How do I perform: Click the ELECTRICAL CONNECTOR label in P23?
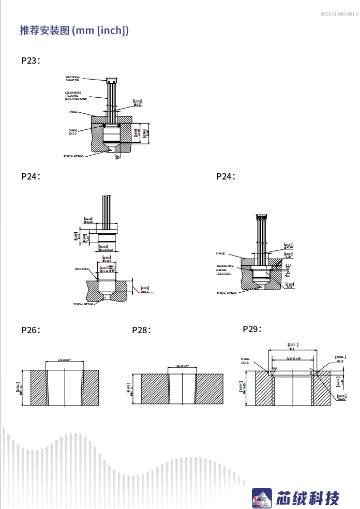click(x=73, y=79)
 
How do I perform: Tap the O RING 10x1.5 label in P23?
click(x=73, y=132)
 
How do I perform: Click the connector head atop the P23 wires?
click(x=112, y=80)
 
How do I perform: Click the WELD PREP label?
click(x=82, y=269)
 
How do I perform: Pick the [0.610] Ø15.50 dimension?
click(x=88, y=220)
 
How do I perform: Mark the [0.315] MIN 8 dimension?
click(x=144, y=290)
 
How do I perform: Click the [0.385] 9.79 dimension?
click(x=290, y=286)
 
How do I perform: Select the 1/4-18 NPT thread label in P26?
click(x=65, y=360)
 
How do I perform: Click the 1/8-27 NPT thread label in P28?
click(x=182, y=366)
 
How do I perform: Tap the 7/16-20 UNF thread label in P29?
click(x=293, y=359)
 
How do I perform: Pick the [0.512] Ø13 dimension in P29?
click(x=293, y=346)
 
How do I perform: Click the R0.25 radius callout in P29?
click(x=340, y=398)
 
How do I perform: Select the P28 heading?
click(x=141, y=330)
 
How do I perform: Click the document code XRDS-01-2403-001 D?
click(x=339, y=14)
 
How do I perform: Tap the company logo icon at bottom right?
click(x=262, y=498)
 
